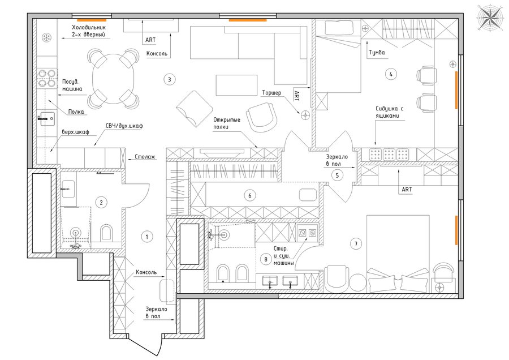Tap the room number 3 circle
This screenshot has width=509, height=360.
click(x=170, y=79)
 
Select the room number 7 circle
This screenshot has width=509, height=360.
click(x=356, y=244)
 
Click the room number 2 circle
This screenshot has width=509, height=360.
click(x=101, y=203)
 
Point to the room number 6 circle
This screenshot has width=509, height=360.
click(x=249, y=196)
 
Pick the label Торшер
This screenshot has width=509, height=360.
click(x=271, y=93)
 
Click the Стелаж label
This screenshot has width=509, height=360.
click(x=145, y=157)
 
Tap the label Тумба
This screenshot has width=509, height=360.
click(x=377, y=53)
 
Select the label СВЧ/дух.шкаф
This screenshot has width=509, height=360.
click(x=124, y=126)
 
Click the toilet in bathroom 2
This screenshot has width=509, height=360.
click(x=106, y=233)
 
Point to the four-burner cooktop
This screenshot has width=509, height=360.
click(x=47, y=79)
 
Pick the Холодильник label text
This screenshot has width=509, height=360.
click(x=89, y=28)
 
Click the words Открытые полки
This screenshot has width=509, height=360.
click(x=227, y=123)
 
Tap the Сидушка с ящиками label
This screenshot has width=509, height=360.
click(x=390, y=112)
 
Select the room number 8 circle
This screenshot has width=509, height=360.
click(x=266, y=259)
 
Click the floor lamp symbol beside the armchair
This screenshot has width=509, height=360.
click(x=305, y=114)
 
